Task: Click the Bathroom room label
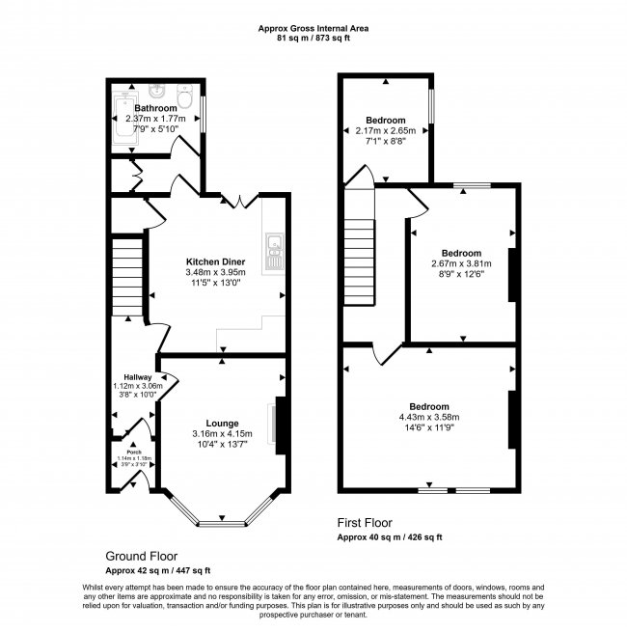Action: click(x=155, y=108)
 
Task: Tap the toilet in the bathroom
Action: click(x=184, y=96)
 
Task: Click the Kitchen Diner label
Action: click(x=215, y=261)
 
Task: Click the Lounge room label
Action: click(x=222, y=424)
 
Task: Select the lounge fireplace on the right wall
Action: click(x=281, y=425)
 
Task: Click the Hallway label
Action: click(x=138, y=377)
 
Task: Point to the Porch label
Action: click(x=134, y=453)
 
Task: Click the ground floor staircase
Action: click(x=127, y=277)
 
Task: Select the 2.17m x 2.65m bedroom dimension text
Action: click(x=386, y=131)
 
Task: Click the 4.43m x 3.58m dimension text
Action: click(x=429, y=417)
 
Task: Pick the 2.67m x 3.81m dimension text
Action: click(x=461, y=263)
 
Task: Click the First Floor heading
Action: click(x=365, y=523)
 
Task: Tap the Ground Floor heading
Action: click(x=141, y=556)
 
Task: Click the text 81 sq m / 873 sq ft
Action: click(x=313, y=39)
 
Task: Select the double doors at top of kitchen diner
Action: click(x=240, y=202)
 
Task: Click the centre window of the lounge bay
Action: click(x=222, y=524)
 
